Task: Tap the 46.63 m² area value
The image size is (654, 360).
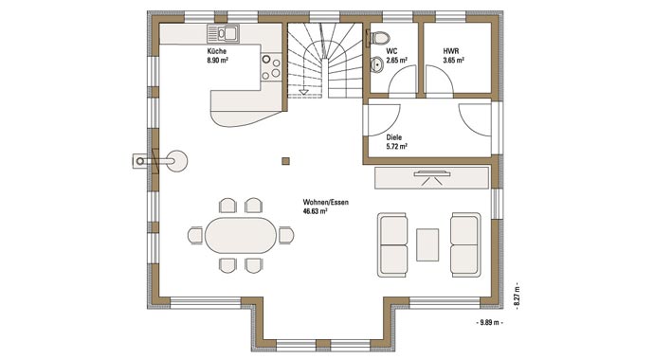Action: pos(316,212)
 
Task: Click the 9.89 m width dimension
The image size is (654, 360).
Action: pos(490,323)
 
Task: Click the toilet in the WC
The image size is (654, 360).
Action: pos(377,39)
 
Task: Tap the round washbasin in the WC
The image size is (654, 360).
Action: pos(376,64)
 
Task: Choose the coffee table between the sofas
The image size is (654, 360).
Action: pos(427,243)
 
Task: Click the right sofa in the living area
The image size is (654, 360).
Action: pos(464,243)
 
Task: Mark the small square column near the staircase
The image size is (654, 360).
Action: pos(283,159)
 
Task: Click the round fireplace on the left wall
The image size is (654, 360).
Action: pos(176,160)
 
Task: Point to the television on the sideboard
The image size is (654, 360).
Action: pos(431,173)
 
